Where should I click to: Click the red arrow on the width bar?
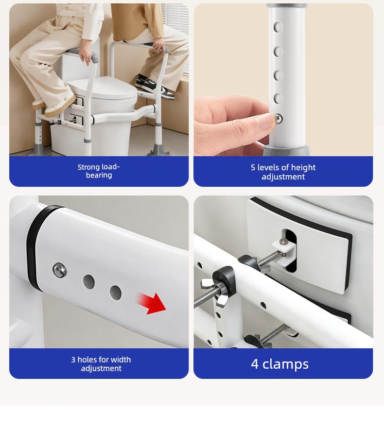coord(152,303)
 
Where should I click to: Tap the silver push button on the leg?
coord(279,118)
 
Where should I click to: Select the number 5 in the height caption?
coord(253,168)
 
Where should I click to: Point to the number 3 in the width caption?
coord(73,360)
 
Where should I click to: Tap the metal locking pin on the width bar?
coord(60,270)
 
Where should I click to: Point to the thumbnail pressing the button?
coord(265,121)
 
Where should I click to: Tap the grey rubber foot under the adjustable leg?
coord(287,150)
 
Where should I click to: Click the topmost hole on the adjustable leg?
coord(278,27)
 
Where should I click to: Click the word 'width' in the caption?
coord(121,359)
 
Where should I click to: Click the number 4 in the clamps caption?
coord(255,364)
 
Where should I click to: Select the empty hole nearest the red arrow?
coord(116,293)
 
